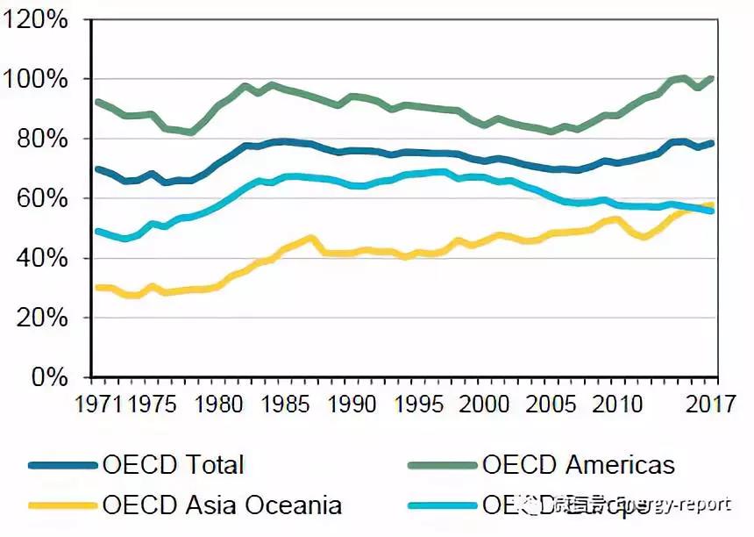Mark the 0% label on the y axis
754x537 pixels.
point(46,377)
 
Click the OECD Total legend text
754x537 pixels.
point(173,465)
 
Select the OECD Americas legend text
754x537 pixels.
point(578,465)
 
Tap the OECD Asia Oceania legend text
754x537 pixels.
point(222,505)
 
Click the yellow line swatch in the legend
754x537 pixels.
point(61,505)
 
